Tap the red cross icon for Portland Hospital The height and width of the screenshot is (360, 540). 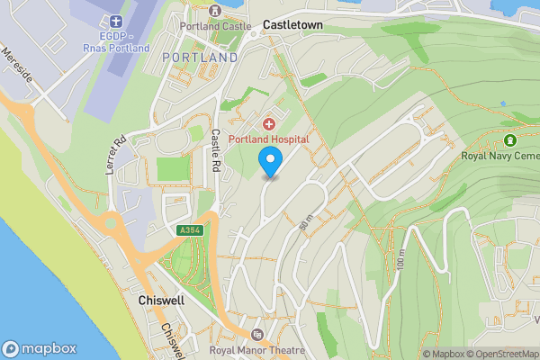(268, 123)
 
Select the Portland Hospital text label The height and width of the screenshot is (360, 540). (268, 139)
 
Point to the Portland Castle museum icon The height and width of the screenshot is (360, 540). (214, 11)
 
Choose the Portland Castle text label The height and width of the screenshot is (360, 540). (214, 26)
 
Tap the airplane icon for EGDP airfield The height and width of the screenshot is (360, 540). (114, 21)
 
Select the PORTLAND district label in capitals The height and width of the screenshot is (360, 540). (200, 58)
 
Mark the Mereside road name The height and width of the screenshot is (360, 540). (18, 67)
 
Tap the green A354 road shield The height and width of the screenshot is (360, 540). (190, 230)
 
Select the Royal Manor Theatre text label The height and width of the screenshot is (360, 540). (256, 350)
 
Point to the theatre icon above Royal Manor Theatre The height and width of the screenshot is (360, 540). (257, 335)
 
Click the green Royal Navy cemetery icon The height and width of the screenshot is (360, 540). (510, 140)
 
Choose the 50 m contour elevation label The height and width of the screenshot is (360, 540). (303, 225)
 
